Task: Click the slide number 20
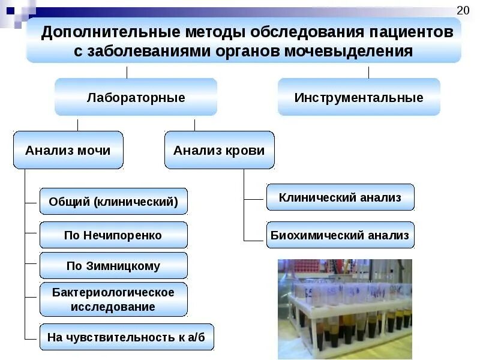(x=463, y=10)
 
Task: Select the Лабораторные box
(x=136, y=97)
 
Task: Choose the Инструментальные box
(x=359, y=97)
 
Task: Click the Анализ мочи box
(x=68, y=150)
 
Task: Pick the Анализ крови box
(x=219, y=150)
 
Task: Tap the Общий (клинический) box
(x=113, y=202)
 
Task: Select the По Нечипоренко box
(x=113, y=235)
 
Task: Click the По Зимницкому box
(x=113, y=266)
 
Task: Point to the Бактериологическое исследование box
(x=113, y=299)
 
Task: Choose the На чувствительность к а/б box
(x=126, y=337)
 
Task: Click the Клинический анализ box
(x=340, y=197)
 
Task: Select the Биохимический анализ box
(x=340, y=235)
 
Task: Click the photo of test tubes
(x=344, y=309)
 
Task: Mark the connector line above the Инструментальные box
(x=368, y=72)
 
